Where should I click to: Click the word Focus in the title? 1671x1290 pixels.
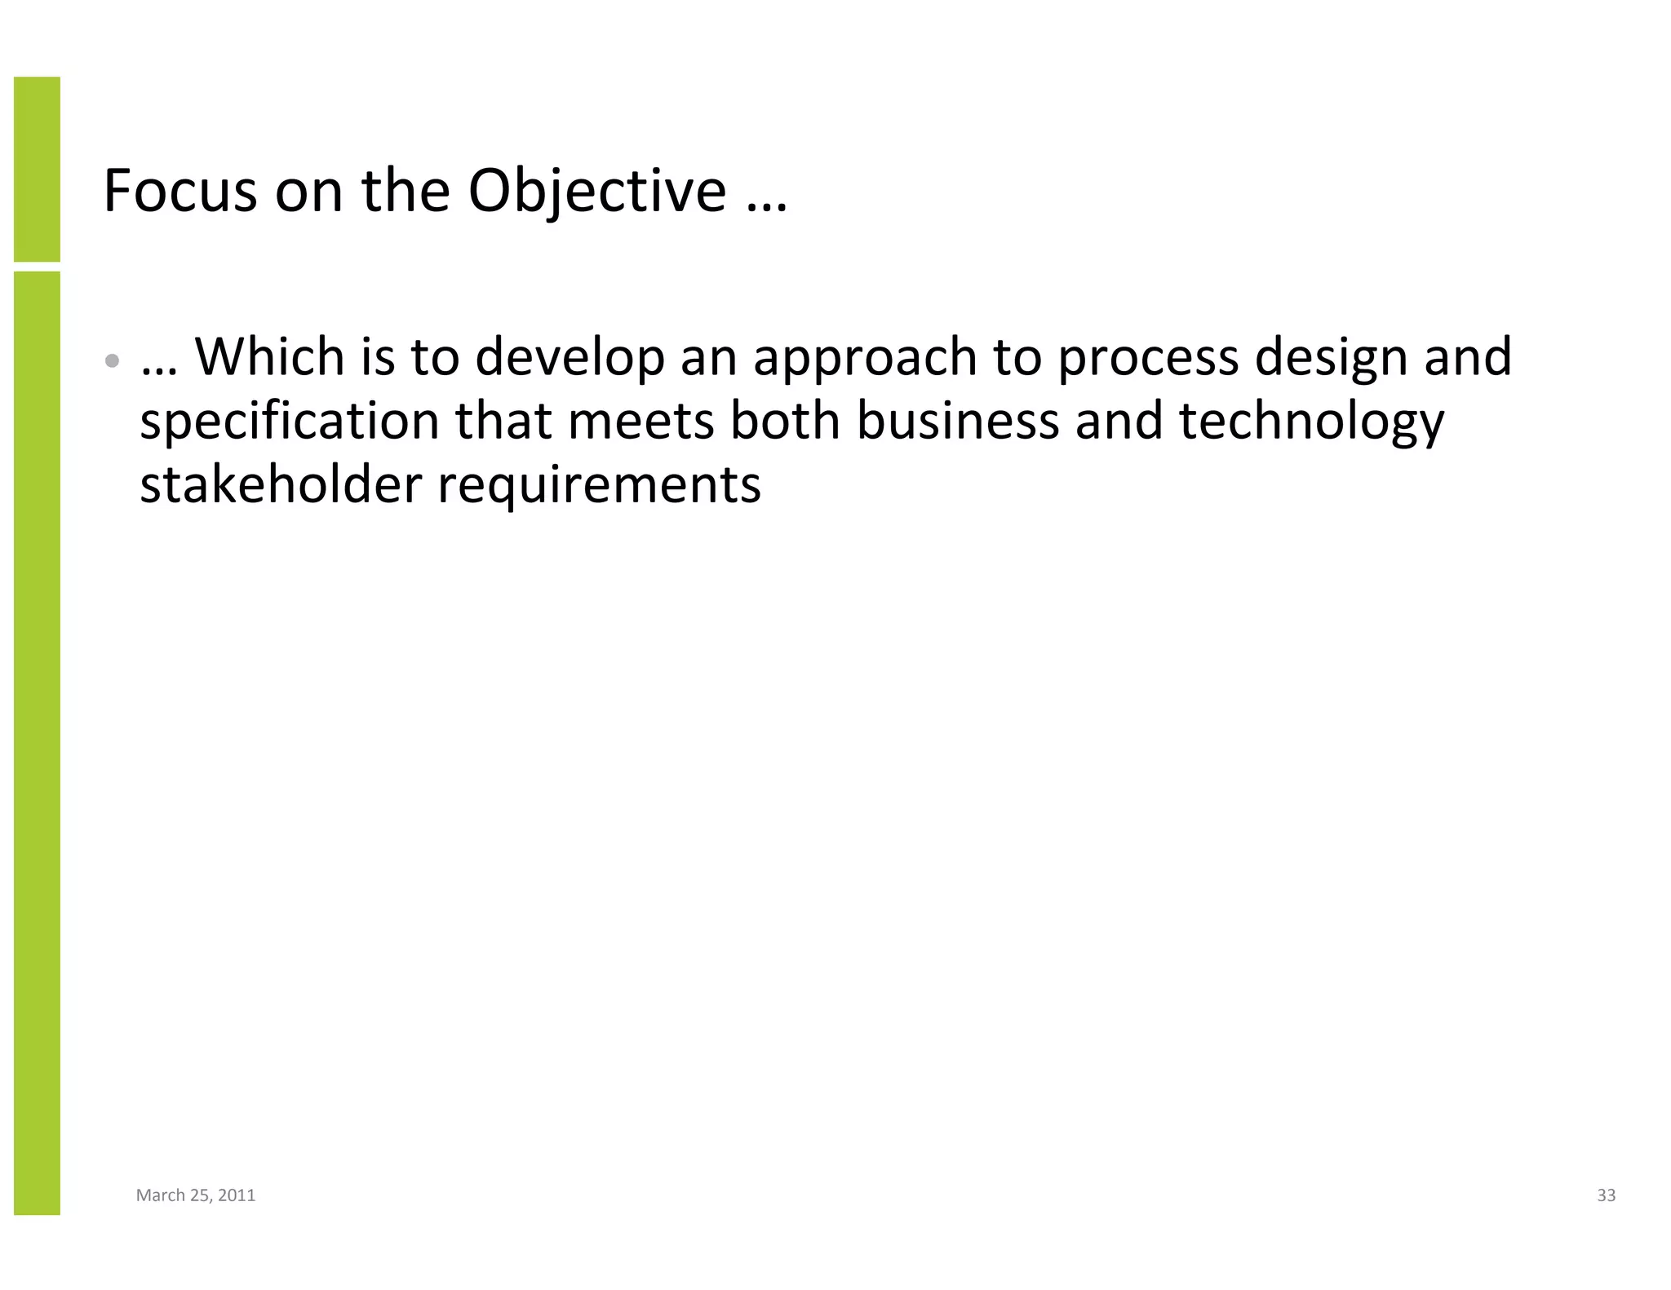(x=180, y=191)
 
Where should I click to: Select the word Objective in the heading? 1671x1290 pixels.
(x=596, y=191)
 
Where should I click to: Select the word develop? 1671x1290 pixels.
(x=570, y=359)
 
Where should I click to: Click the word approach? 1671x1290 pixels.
(x=865, y=359)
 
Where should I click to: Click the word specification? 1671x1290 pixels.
(x=290, y=422)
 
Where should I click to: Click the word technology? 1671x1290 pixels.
(x=1311, y=422)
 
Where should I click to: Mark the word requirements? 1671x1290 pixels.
(x=599, y=486)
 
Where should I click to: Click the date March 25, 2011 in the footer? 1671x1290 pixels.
(x=196, y=1195)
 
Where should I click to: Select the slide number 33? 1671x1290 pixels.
(x=1606, y=1195)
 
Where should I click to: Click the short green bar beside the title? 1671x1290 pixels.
(x=37, y=169)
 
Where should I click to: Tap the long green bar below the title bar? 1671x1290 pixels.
(x=37, y=742)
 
